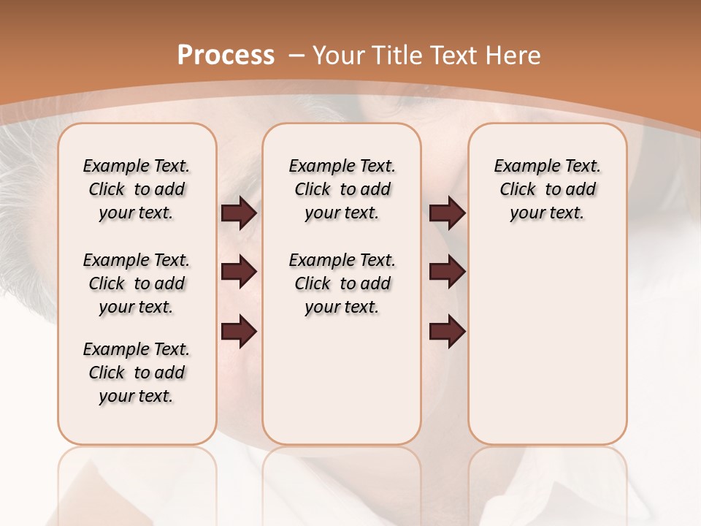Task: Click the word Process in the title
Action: click(226, 55)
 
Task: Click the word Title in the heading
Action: click(399, 55)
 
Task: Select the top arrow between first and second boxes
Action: click(239, 213)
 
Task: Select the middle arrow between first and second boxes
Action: click(239, 272)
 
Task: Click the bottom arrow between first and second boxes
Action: click(239, 332)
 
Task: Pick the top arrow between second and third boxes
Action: click(447, 213)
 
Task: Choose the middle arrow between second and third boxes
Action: click(447, 272)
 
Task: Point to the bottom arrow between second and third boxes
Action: click(447, 332)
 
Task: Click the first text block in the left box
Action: click(137, 189)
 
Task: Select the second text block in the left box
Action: click(137, 283)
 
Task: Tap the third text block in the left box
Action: click(137, 373)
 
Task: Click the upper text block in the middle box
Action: click(342, 189)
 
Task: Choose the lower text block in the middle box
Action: click(342, 283)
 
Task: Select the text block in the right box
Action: click(547, 189)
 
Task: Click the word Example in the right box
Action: click(522, 167)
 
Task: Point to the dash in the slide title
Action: click(297, 56)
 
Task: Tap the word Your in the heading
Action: click(340, 55)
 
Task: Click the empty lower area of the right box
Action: click(547, 351)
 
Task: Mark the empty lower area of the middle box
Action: click(342, 380)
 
